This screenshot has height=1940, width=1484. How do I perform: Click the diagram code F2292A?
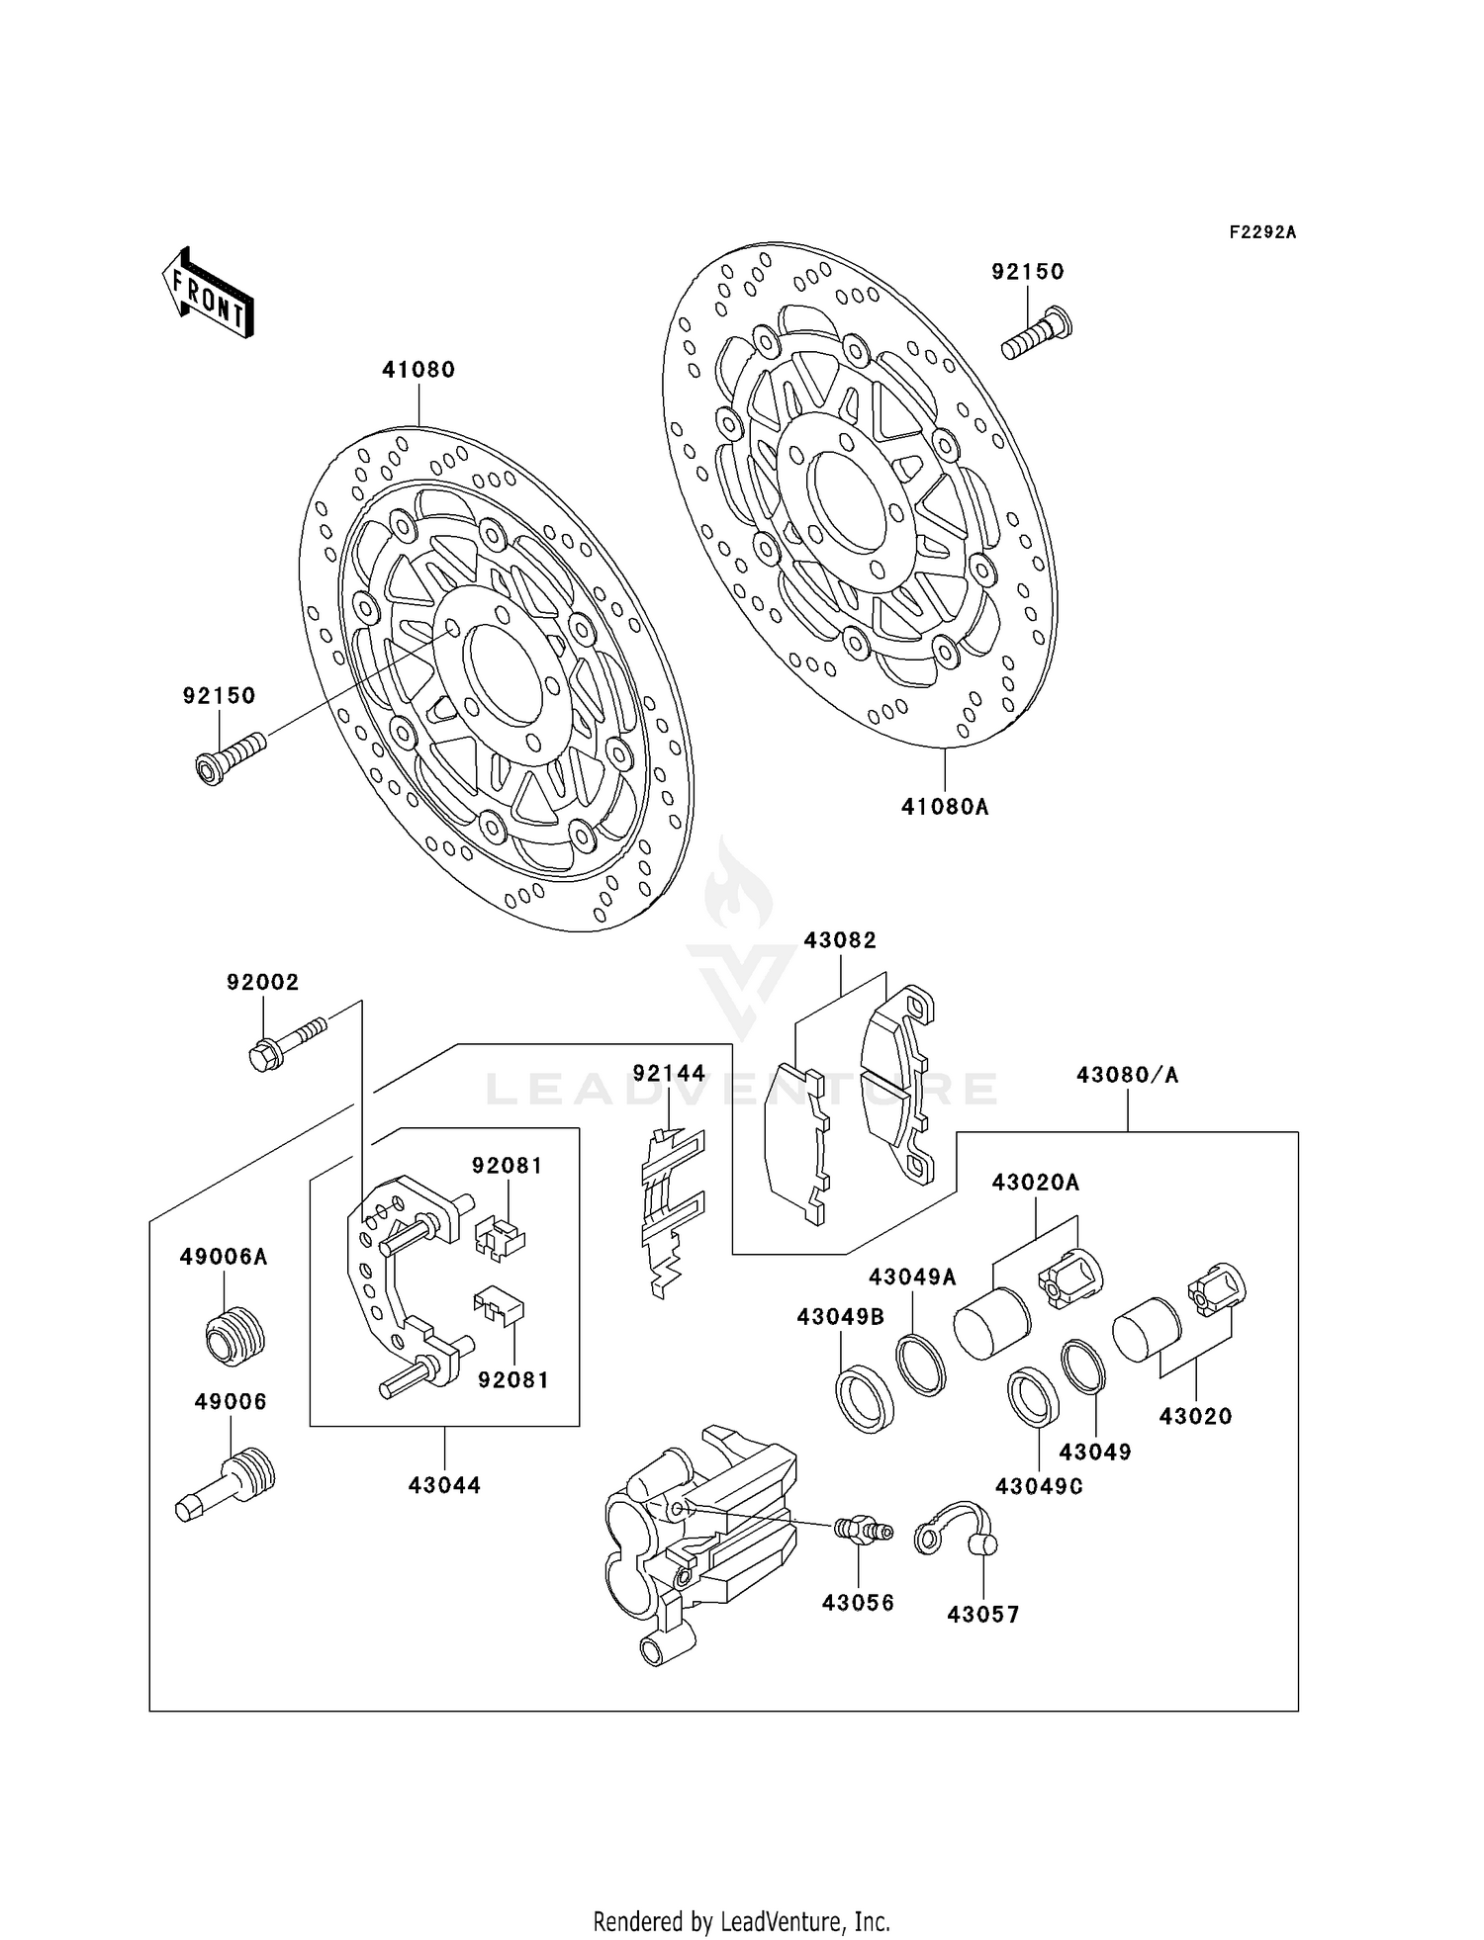[x=1262, y=232]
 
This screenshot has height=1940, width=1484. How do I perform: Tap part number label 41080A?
[x=945, y=807]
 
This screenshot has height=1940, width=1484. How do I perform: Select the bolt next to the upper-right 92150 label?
[x=1037, y=334]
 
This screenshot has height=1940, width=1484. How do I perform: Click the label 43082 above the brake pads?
[x=840, y=940]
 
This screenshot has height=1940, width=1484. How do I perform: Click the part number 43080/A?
[x=1128, y=1075]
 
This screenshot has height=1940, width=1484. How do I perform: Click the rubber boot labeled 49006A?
[x=235, y=1335]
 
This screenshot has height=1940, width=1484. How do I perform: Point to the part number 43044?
[x=444, y=1485]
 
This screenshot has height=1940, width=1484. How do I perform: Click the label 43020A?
[x=1036, y=1183]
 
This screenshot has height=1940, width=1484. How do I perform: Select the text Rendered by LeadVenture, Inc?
[x=741, y=1921]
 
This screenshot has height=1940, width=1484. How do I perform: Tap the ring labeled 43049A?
[x=921, y=1366]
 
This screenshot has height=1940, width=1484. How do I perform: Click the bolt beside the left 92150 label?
[x=230, y=758]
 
